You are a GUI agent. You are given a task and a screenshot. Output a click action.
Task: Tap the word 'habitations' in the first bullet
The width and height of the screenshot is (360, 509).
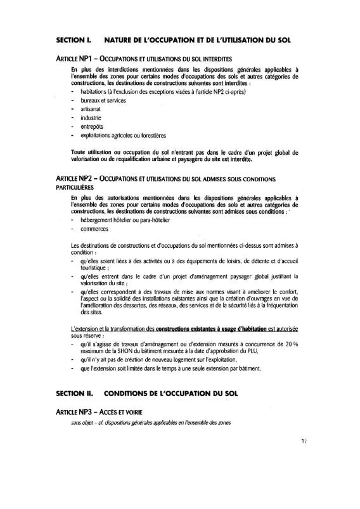coord(95,91)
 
